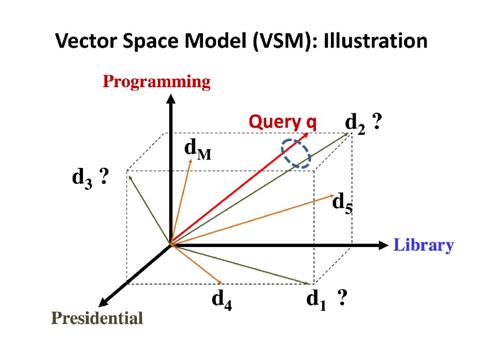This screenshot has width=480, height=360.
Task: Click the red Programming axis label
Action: [157, 82]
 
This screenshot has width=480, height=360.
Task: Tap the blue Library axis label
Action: [423, 245]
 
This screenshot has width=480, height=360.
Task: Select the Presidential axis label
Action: [97, 319]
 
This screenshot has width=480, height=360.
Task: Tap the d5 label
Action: [342, 204]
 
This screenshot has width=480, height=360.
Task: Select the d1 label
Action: [317, 300]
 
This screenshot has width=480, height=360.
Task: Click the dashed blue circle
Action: [296, 153]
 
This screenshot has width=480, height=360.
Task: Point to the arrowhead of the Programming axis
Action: [171, 98]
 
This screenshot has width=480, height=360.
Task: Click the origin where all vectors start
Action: [171, 244]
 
